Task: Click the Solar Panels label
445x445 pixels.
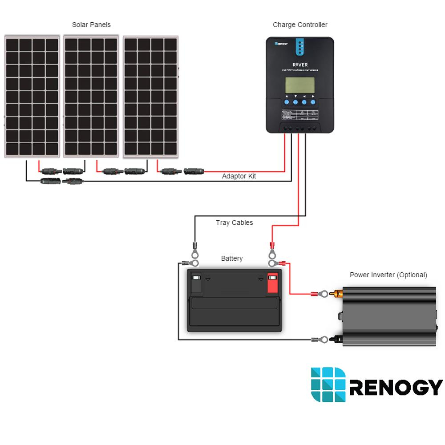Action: [91, 25]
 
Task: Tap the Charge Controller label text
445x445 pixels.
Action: [300, 25]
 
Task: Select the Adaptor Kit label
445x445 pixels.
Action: [239, 176]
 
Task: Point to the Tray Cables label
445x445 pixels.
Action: [234, 222]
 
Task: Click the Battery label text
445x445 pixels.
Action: [232, 259]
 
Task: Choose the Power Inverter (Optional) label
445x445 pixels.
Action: [388, 275]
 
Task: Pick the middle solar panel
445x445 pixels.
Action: [91, 96]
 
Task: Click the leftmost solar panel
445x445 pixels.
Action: [32, 96]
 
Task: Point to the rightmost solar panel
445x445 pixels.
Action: [150, 96]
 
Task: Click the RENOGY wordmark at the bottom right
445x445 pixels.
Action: [396, 387]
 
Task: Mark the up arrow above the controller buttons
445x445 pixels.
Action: [287, 96]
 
